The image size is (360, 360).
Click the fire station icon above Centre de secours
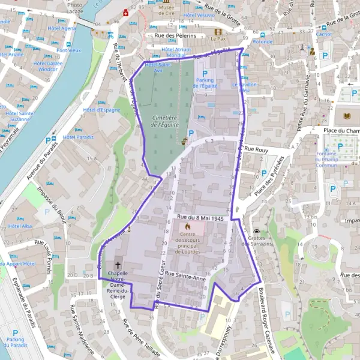(x=188, y=227)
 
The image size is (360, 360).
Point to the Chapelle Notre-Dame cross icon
(x=118, y=265)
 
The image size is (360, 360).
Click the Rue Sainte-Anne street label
(x=185, y=274)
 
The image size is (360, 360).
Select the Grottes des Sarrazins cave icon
(x=257, y=232)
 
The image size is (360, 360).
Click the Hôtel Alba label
(x=20, y=226)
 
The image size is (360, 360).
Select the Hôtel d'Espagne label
(x=98, y=110)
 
